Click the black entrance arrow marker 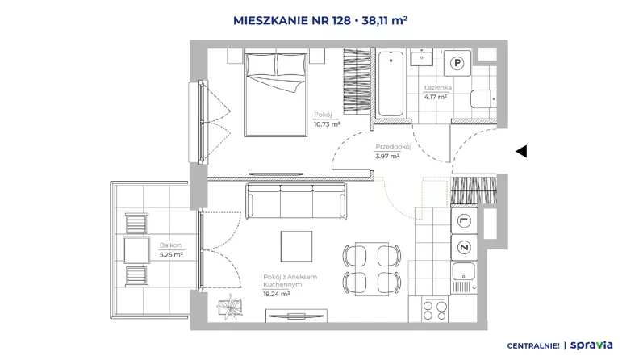pyautogui.click(x=522, y=151)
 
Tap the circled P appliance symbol pyautogui.click(x=457, y=63)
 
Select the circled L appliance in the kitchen pyautogui.click(x=464, y=221)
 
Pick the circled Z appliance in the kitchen pyautogui.click(x=464, y=247)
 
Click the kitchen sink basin pyautogui.click(x=464, y=271)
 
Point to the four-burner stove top pyautogui.click(x=435, y=310)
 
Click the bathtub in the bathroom pyautogui.click(x=390, y=84)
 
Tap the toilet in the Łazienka pyautogui.click(x=483, y=98)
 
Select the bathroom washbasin pyautogui.click(x=422, y=57)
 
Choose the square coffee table pyautogui.click(x=296, y=246)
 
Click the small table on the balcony pyautogui.click(x=136, y=250)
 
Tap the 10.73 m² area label pyautogui.click(x=327, y=124)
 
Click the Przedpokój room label pyautogui.click(x=393, y=147)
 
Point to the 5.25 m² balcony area pyautogui.click(x=171, y=255)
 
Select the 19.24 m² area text pyautogui.click(x=276, y=294)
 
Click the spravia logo pyautogui.click(x=591, y=345)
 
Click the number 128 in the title pyautogui.click(x=340, y=20)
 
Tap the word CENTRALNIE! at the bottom pyautogui.click(x=533, y=346)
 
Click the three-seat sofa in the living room pyautogui.click(x=296, y=201)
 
